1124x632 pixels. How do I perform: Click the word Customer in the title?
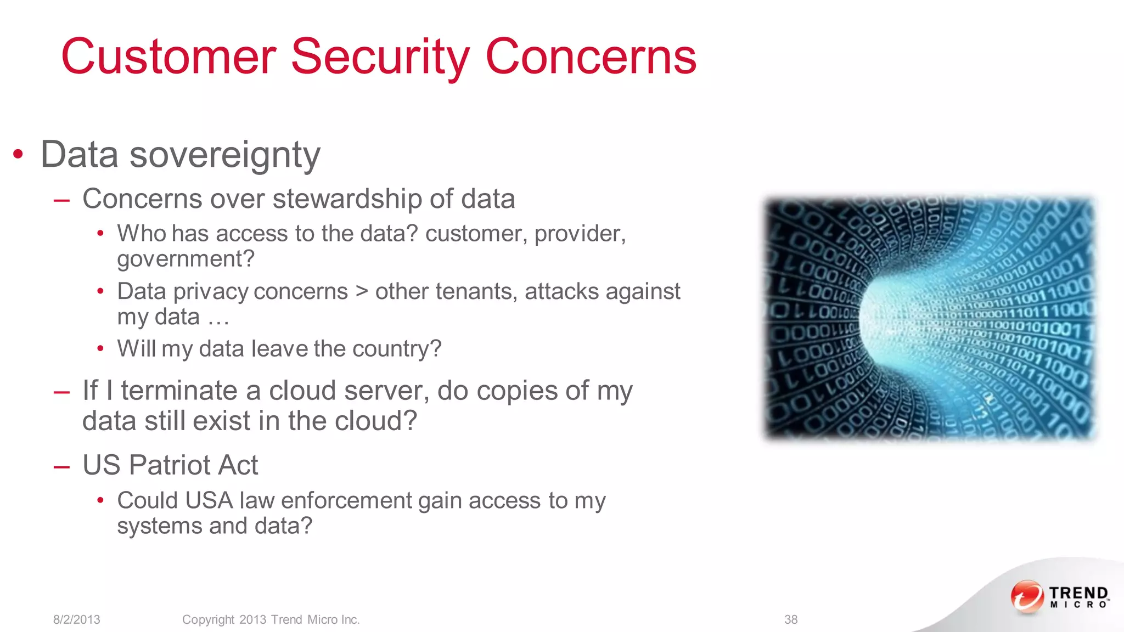pos(168,57)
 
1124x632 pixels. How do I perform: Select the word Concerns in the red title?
pos(591,57)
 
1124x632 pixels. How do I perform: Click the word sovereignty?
pos(225,155)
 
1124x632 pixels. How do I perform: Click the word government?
pos(186,259)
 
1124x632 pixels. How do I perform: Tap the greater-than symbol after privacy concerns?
pos(362,291)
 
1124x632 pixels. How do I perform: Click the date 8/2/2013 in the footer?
pos(77,619)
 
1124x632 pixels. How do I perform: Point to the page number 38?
pos(791,619)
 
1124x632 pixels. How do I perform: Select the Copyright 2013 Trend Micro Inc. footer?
pos(271,619)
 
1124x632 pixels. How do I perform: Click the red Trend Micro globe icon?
pos(1027,596)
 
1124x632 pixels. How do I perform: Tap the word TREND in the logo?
pos(1078,593)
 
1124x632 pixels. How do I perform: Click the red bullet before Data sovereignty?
pos(19,155)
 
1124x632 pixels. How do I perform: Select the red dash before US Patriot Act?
pos(61,466)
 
